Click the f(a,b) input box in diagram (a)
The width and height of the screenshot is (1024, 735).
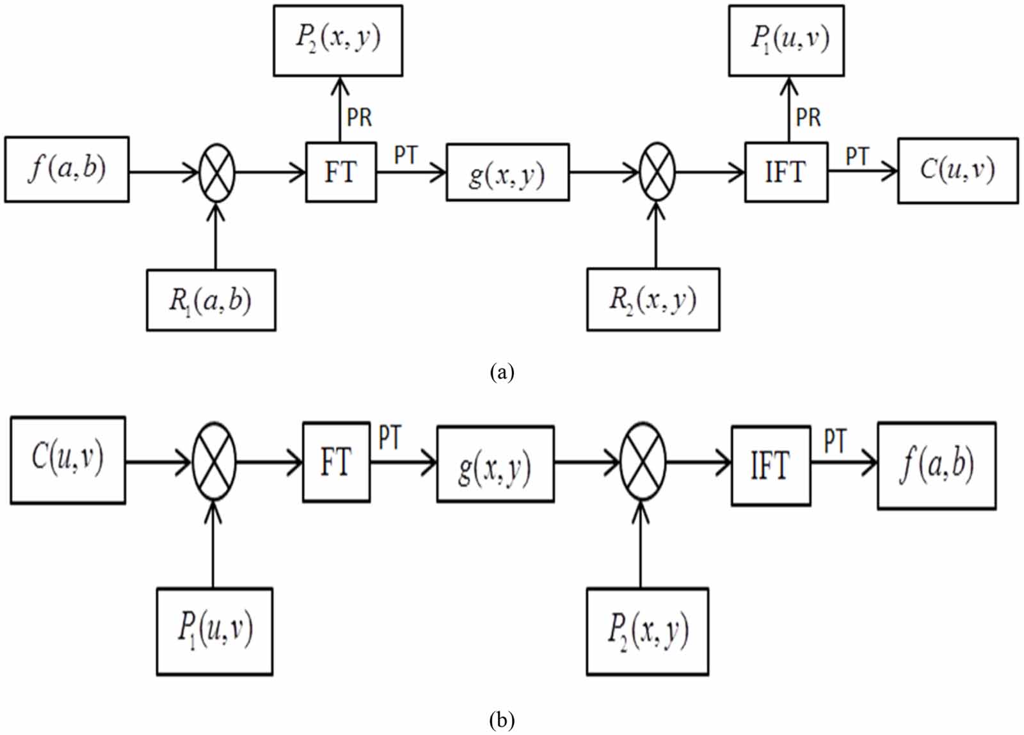tap(67, 170)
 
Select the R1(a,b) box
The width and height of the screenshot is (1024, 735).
tap(211, 300)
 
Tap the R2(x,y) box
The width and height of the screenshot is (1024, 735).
tap(653, 299)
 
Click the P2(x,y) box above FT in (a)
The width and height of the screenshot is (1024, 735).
tap(338, 40)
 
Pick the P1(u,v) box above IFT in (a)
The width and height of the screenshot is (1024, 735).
tap(786, 40)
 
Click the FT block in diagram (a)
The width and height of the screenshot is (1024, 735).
tap(340, 172)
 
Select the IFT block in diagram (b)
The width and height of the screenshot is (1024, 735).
tap(771, 466)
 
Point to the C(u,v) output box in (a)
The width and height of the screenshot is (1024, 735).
tap(957, 171)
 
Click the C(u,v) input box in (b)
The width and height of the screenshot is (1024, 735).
tap(68, 460)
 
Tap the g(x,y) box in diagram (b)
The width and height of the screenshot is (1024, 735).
tap(495, 464)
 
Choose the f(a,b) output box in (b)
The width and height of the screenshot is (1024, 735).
tap(936, 465)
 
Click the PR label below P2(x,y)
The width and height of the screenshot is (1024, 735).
tap(359, 118)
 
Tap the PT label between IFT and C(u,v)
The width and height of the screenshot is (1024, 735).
tap(858, 156)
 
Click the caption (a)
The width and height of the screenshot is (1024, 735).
tap(501, 372)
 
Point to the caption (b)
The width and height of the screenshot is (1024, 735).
tap(501, 720)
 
